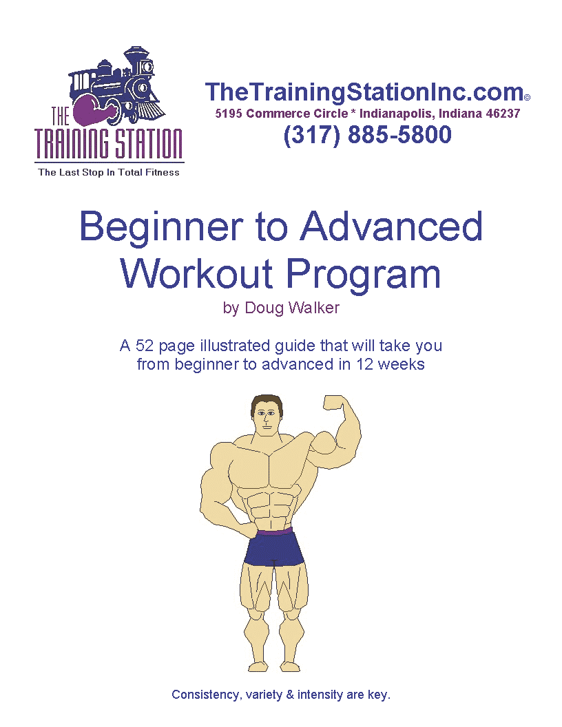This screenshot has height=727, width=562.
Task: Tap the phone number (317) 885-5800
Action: [367, 135]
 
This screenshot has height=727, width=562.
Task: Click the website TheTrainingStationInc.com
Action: [364, 92]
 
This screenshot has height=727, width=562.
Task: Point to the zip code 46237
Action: [503, 114]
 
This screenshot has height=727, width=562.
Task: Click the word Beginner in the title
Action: [160, 226]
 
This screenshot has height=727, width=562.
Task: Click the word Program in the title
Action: [364, 274]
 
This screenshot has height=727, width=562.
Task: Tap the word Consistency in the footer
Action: [205, 695]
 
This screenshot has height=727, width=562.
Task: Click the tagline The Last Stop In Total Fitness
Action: [109, 172]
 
